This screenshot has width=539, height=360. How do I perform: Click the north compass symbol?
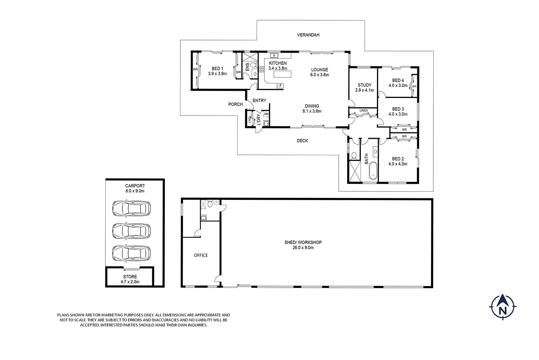[503, 307]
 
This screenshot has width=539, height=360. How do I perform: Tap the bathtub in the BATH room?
[373, 171]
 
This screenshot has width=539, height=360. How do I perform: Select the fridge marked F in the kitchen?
[280, 85]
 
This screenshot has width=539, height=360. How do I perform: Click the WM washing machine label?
[266, 114]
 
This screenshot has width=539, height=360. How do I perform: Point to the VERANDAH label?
[308, 35]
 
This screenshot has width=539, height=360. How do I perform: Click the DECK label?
[302, 141]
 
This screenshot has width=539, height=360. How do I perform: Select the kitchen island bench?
[283, 74]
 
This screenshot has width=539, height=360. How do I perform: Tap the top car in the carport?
[131, 208]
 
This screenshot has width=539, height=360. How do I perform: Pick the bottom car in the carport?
[131, 253]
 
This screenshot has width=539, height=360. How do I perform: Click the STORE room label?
[130, 276]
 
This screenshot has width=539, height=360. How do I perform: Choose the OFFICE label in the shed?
[201, 256]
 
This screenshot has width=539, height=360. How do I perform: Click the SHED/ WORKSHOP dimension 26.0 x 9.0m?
[303, 248]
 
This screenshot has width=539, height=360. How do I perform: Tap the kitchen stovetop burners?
[262, 69]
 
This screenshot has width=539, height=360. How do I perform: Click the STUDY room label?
[365, 85]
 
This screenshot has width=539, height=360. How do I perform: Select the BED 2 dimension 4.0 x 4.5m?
[398, 164]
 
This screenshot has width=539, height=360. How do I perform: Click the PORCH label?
[236, 104]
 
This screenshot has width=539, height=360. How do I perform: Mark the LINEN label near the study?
[364, 111]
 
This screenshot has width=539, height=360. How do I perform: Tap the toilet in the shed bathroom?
[210, 204]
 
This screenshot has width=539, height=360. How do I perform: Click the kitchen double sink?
[274, 56]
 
